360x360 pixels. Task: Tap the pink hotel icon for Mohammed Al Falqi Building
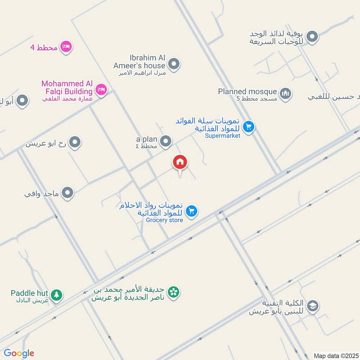101,90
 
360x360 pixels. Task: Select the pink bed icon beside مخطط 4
66,47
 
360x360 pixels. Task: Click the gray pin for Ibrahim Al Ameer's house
174,64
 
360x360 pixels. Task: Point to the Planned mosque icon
285,94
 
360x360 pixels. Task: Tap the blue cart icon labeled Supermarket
249,127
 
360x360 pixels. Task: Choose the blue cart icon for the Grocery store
192,211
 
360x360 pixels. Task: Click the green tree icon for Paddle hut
56,295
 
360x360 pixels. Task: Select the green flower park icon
173,292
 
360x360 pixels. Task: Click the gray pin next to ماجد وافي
68,193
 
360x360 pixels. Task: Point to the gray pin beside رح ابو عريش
75,143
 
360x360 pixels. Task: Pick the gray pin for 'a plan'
166,142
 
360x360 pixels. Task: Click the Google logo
19,353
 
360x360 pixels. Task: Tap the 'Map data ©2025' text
336,355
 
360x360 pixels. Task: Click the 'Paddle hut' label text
29,293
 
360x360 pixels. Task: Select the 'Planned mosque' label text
247,91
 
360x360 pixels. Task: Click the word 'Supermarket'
223,135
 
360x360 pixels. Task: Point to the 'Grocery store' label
165,220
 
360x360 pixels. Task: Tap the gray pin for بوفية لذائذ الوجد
312,37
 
